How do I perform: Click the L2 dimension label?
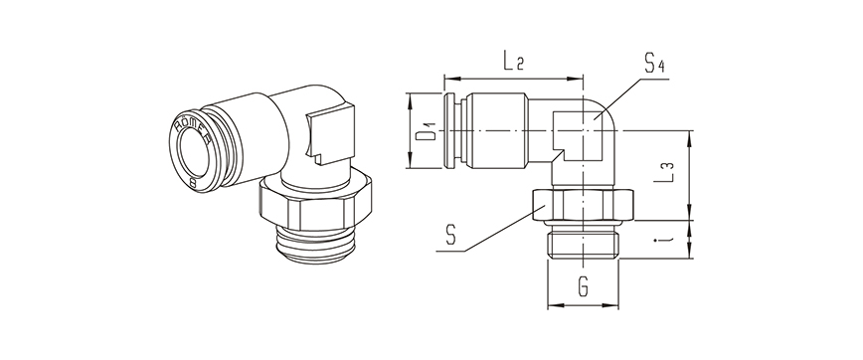[513, 62]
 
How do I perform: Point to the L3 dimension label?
[667, 173]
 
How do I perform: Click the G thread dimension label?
[584, 286]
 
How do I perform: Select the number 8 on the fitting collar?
[192, 183]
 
